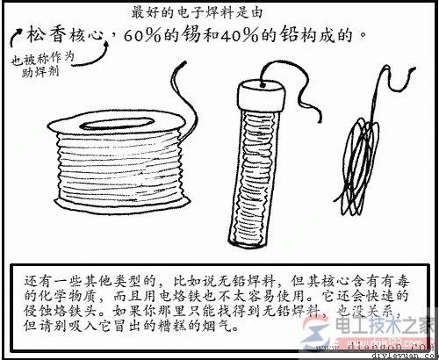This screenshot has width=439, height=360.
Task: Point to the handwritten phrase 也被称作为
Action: coord(43,59)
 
